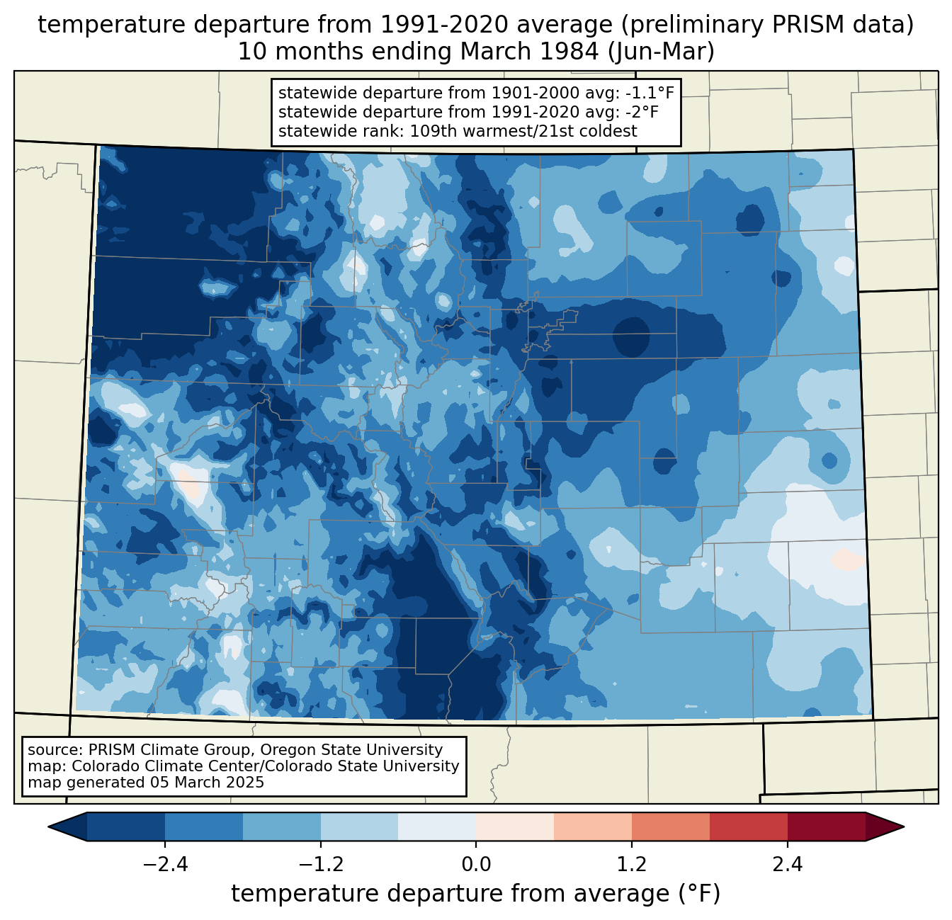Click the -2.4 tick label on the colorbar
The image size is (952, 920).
click(x=165, y=865)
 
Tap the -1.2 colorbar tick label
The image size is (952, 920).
click(x=321, y=865)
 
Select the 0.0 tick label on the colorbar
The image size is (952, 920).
click(x=476, y=865)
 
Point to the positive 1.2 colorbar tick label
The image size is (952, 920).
click(x=632, y=865)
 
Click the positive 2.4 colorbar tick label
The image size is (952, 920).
click(x=788, y=865)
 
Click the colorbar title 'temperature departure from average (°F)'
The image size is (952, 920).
click(x=475, y=894)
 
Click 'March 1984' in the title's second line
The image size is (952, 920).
click(x=529, y=52)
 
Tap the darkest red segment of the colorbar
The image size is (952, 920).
click(x=827, y=827)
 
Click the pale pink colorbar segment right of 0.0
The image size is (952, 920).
click(x=515, y=827)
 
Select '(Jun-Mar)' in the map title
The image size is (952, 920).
click(x=661, y=52)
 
